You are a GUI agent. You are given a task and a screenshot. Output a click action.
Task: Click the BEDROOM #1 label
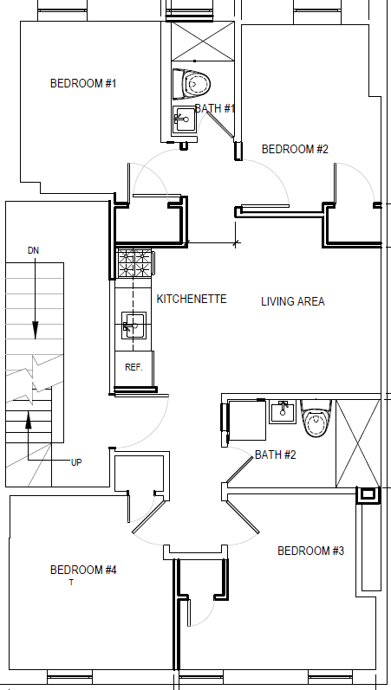(x=83, y=84)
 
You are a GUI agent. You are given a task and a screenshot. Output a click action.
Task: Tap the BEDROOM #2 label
(x=295, y=149)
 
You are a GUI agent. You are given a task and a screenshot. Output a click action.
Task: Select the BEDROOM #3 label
(x=310, y=551)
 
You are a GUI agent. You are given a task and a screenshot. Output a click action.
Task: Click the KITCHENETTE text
(x=192, y=299)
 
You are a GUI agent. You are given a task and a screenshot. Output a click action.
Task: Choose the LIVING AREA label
(x=293, y=301)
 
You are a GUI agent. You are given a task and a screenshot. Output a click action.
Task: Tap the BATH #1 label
(x=215, y=108)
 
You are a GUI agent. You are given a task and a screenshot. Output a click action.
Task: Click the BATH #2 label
(x=276, y=455)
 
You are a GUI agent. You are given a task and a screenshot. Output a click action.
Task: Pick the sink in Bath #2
(x=283, y=411)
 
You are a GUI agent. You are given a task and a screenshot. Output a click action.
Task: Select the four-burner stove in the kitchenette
(x=134, y=262)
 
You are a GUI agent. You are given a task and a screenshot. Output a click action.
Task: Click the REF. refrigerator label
(x=134, y=367)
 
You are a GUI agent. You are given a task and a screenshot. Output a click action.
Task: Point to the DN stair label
(x=34, y=250)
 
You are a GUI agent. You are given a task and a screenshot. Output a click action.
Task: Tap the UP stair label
(x=76, y=462)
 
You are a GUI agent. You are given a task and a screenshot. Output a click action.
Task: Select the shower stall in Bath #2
(x=356, y=442)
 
